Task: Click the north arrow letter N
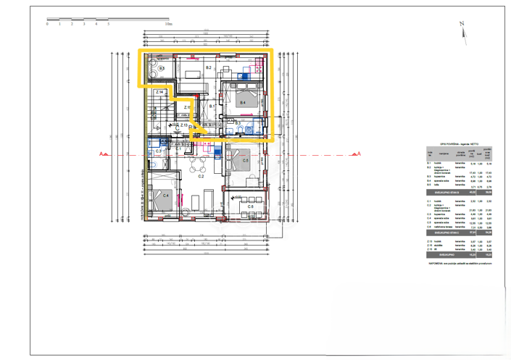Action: coord(461,24)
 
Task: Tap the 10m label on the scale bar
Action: coord(168,24)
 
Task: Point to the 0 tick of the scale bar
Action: coord(48,24)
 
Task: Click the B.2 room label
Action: coord(208,67)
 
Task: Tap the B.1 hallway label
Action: coord(213,106)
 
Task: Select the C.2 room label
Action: coord(201,176)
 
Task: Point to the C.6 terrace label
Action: coord(249,206)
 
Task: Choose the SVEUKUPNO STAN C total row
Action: coord(460,232)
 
